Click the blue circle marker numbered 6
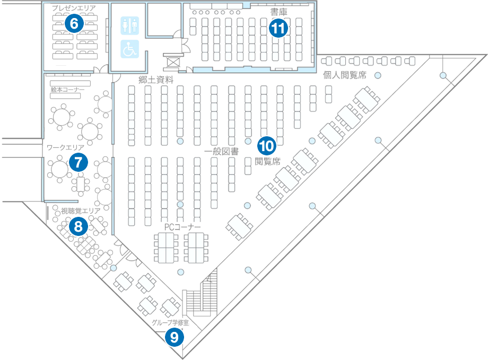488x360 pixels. [74, 23]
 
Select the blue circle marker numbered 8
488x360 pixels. [79, 227]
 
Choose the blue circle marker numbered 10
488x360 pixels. [266, 145]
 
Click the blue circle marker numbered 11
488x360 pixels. [278, 28]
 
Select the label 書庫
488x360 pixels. [278, 11]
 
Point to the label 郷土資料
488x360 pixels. [156, 80]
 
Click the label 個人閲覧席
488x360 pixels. [345, 75]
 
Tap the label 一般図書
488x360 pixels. [221, 151]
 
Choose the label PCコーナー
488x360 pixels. [182, 227]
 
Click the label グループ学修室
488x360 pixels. [170, 322]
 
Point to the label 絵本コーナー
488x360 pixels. [67, 90]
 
